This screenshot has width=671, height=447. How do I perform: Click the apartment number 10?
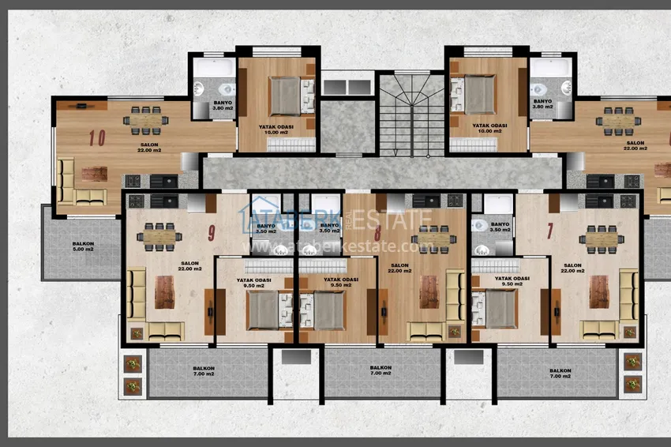97,137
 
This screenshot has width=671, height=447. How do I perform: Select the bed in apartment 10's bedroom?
283,96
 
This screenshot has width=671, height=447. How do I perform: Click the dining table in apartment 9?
160,235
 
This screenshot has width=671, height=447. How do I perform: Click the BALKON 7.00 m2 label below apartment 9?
204,371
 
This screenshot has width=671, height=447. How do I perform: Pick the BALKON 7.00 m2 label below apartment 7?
560,373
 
